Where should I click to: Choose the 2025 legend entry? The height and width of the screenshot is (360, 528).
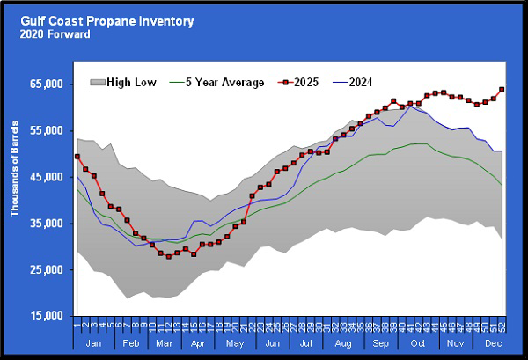pyautogui.click(x=315, y=83)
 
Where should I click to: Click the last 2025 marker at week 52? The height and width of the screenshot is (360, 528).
pyautogui.click(x=502, y=89)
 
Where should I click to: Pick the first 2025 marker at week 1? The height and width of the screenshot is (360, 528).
pyautogui.click(x=77, y=156)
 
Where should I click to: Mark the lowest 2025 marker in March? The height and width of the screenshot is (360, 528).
pyautogui.click(x=168, y=256)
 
